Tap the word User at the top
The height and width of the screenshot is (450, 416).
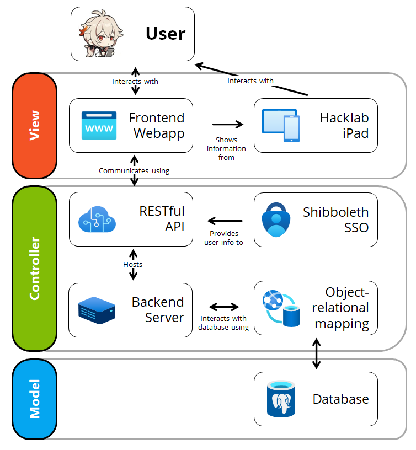tap(166, 34)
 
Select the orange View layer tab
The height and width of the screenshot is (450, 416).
tap(34, 126)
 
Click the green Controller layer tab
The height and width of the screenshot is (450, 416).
tap(34, 269)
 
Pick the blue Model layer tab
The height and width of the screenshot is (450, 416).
tap(34, 399)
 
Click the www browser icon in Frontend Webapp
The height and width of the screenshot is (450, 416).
tap(99, 125)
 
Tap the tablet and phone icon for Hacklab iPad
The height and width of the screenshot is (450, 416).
tap(280, 126)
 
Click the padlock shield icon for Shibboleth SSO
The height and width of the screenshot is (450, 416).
tap(274, 219)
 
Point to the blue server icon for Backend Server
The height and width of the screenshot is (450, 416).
tap(97, 310)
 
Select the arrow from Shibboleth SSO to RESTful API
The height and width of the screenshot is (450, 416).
tap(227, 221)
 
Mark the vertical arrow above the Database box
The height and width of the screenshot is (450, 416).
tap(316, 353)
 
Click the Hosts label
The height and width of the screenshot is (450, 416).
tap(133, 265)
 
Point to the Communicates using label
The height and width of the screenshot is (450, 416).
tap(134, 171)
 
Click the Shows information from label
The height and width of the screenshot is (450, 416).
tap(226, 149)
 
